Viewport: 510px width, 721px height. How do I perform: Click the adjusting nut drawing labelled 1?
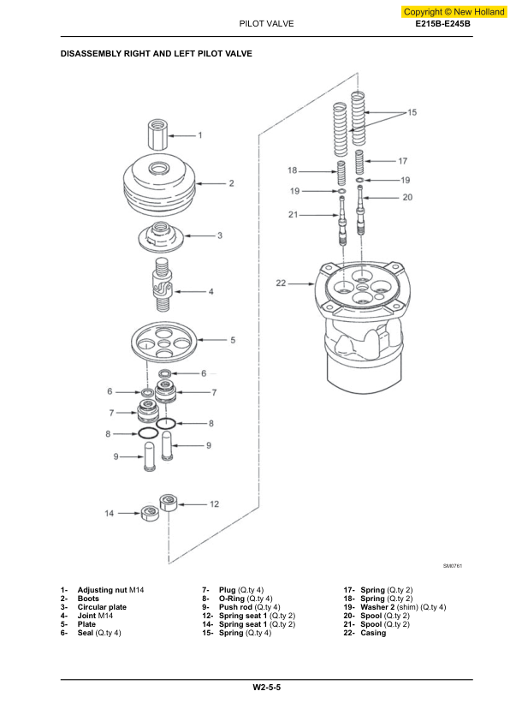tap(157, 134)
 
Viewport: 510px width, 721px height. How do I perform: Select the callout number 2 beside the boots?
tap(232, 183)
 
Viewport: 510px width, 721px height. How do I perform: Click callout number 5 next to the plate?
tap(233, 340)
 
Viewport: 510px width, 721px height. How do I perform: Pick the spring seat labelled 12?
tap(169, 502)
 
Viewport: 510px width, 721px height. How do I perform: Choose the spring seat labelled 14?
tap(150, 513)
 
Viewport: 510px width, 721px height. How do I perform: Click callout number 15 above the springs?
tap(412, 112)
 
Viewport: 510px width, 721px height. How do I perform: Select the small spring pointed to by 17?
tap(359, 161)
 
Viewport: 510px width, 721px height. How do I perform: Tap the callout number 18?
tap(292, 170)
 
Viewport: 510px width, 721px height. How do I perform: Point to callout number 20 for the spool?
tap(407, 197)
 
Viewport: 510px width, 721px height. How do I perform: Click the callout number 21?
tap(294, 214)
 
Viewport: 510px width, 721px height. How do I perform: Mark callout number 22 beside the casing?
tap(281, 283)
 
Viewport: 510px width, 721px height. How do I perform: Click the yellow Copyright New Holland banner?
tap(454, 12)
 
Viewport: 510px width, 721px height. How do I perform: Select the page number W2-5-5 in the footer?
tap(266, 688)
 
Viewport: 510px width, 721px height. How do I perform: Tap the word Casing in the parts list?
tap(373, 633)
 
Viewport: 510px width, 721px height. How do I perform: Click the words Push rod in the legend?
tap(235, 607)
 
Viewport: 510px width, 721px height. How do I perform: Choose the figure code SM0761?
tap(453, 566)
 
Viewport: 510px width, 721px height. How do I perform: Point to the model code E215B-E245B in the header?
tap(443, 24)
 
